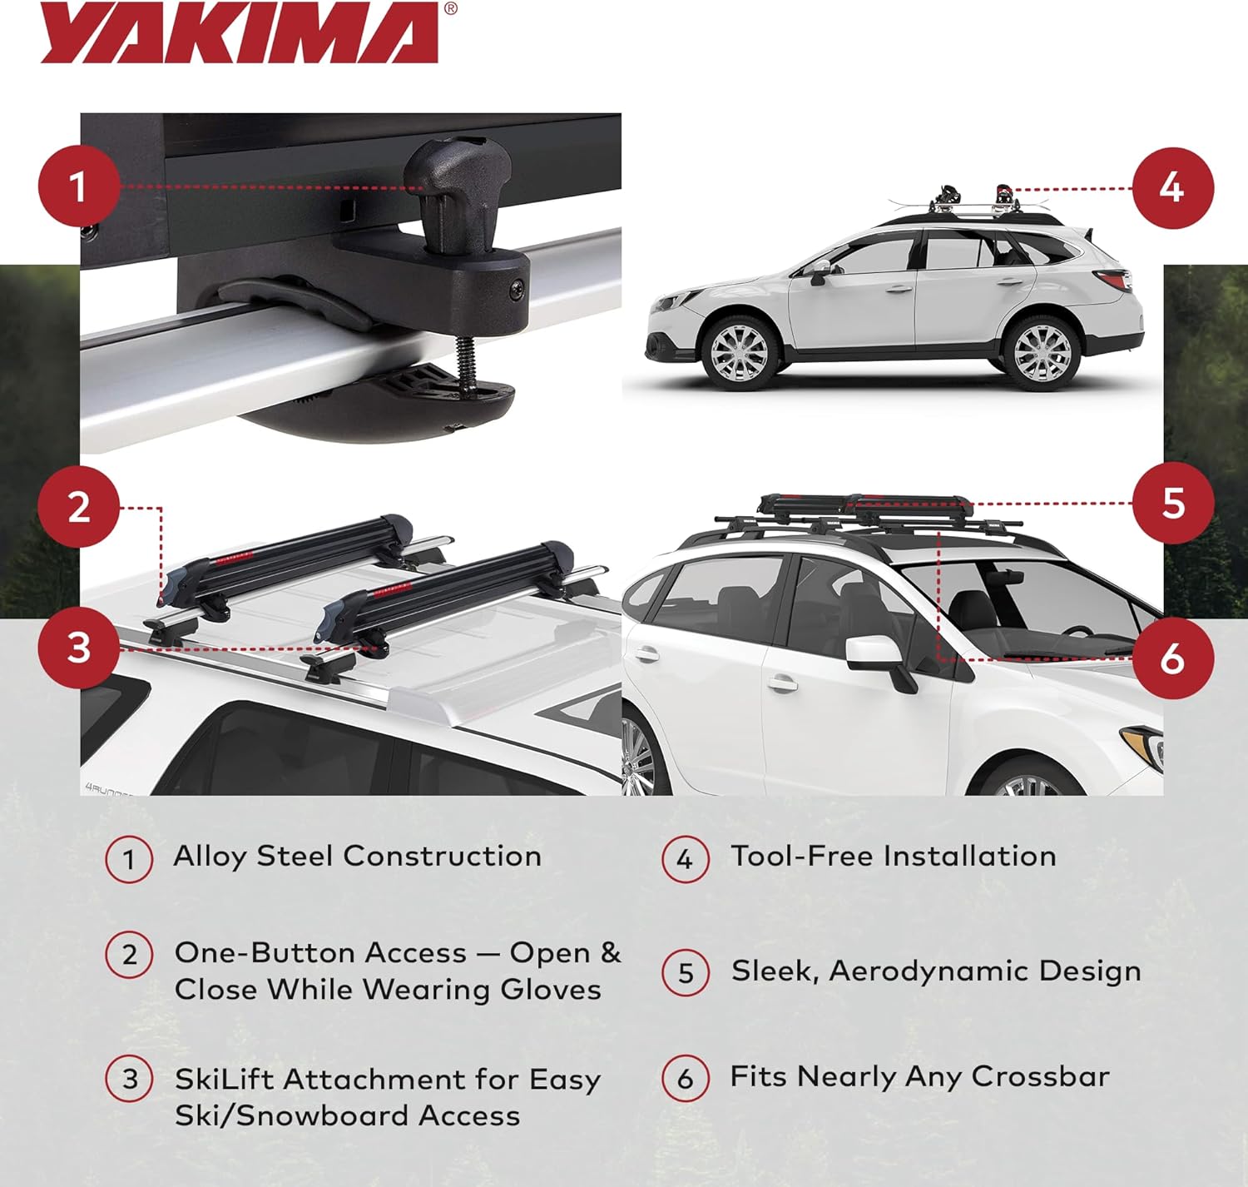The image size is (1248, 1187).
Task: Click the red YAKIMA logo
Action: (x=240, y=33)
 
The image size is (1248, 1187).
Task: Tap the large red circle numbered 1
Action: (x=78, y=186)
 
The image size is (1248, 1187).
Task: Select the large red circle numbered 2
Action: (x=78, y=507)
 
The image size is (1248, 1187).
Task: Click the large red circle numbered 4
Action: (x=1172, y=188)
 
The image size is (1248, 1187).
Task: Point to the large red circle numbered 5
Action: (x=1172, y=504)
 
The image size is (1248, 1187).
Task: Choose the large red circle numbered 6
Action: (x=1172, y=658)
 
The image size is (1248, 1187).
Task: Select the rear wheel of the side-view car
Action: (x=1042, y=350)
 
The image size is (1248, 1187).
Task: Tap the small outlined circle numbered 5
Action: (x=686, y=972)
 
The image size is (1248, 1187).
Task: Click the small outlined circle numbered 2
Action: (x=129, y=954)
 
